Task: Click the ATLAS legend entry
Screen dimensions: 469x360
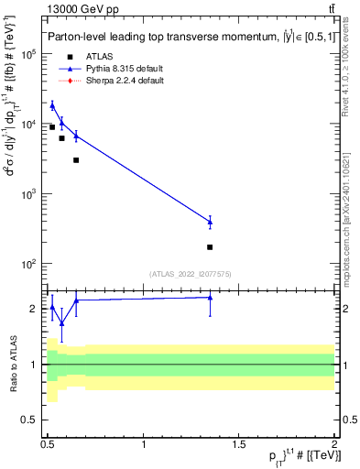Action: click(98, 57)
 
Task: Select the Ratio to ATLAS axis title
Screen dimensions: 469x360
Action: click(12, 364)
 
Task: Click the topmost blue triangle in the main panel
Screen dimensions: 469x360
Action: click(52, 105)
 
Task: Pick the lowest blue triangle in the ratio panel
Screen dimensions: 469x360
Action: click(61, 323)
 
